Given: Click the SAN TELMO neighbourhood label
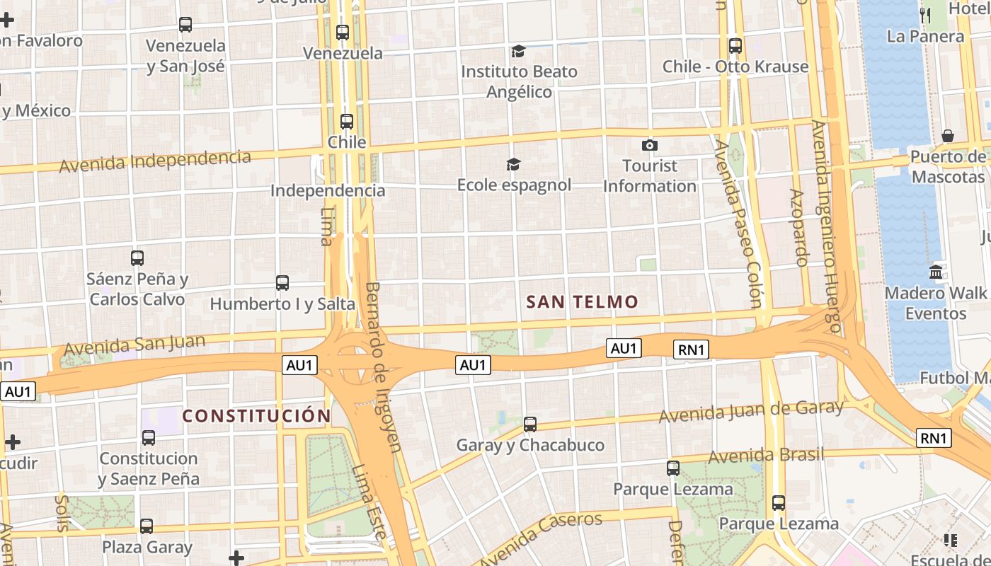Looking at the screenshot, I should coord(582,302).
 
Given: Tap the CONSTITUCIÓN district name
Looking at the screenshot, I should coord(257,416).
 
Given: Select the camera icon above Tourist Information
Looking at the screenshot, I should coord(649,146).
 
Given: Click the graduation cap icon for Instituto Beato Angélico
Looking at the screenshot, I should coord(519,51).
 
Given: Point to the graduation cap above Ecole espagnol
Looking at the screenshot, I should coord(513,165).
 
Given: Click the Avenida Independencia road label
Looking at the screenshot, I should coord(155,161).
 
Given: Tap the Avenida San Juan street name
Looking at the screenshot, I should coord(134,345).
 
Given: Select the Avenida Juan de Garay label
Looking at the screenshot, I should coord(751,411).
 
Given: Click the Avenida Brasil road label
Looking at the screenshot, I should coord(767,455).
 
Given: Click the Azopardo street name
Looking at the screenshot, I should coord(798,227).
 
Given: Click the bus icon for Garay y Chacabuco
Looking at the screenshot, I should coord(530,424).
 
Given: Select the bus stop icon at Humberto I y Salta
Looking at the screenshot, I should coord(282,283).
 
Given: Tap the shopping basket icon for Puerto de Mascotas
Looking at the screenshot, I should coord(948,135).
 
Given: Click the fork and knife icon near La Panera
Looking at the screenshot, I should coord(924,13).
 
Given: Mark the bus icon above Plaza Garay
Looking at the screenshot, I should coord(147,526).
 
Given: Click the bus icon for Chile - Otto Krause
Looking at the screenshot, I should coord(735,46).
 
